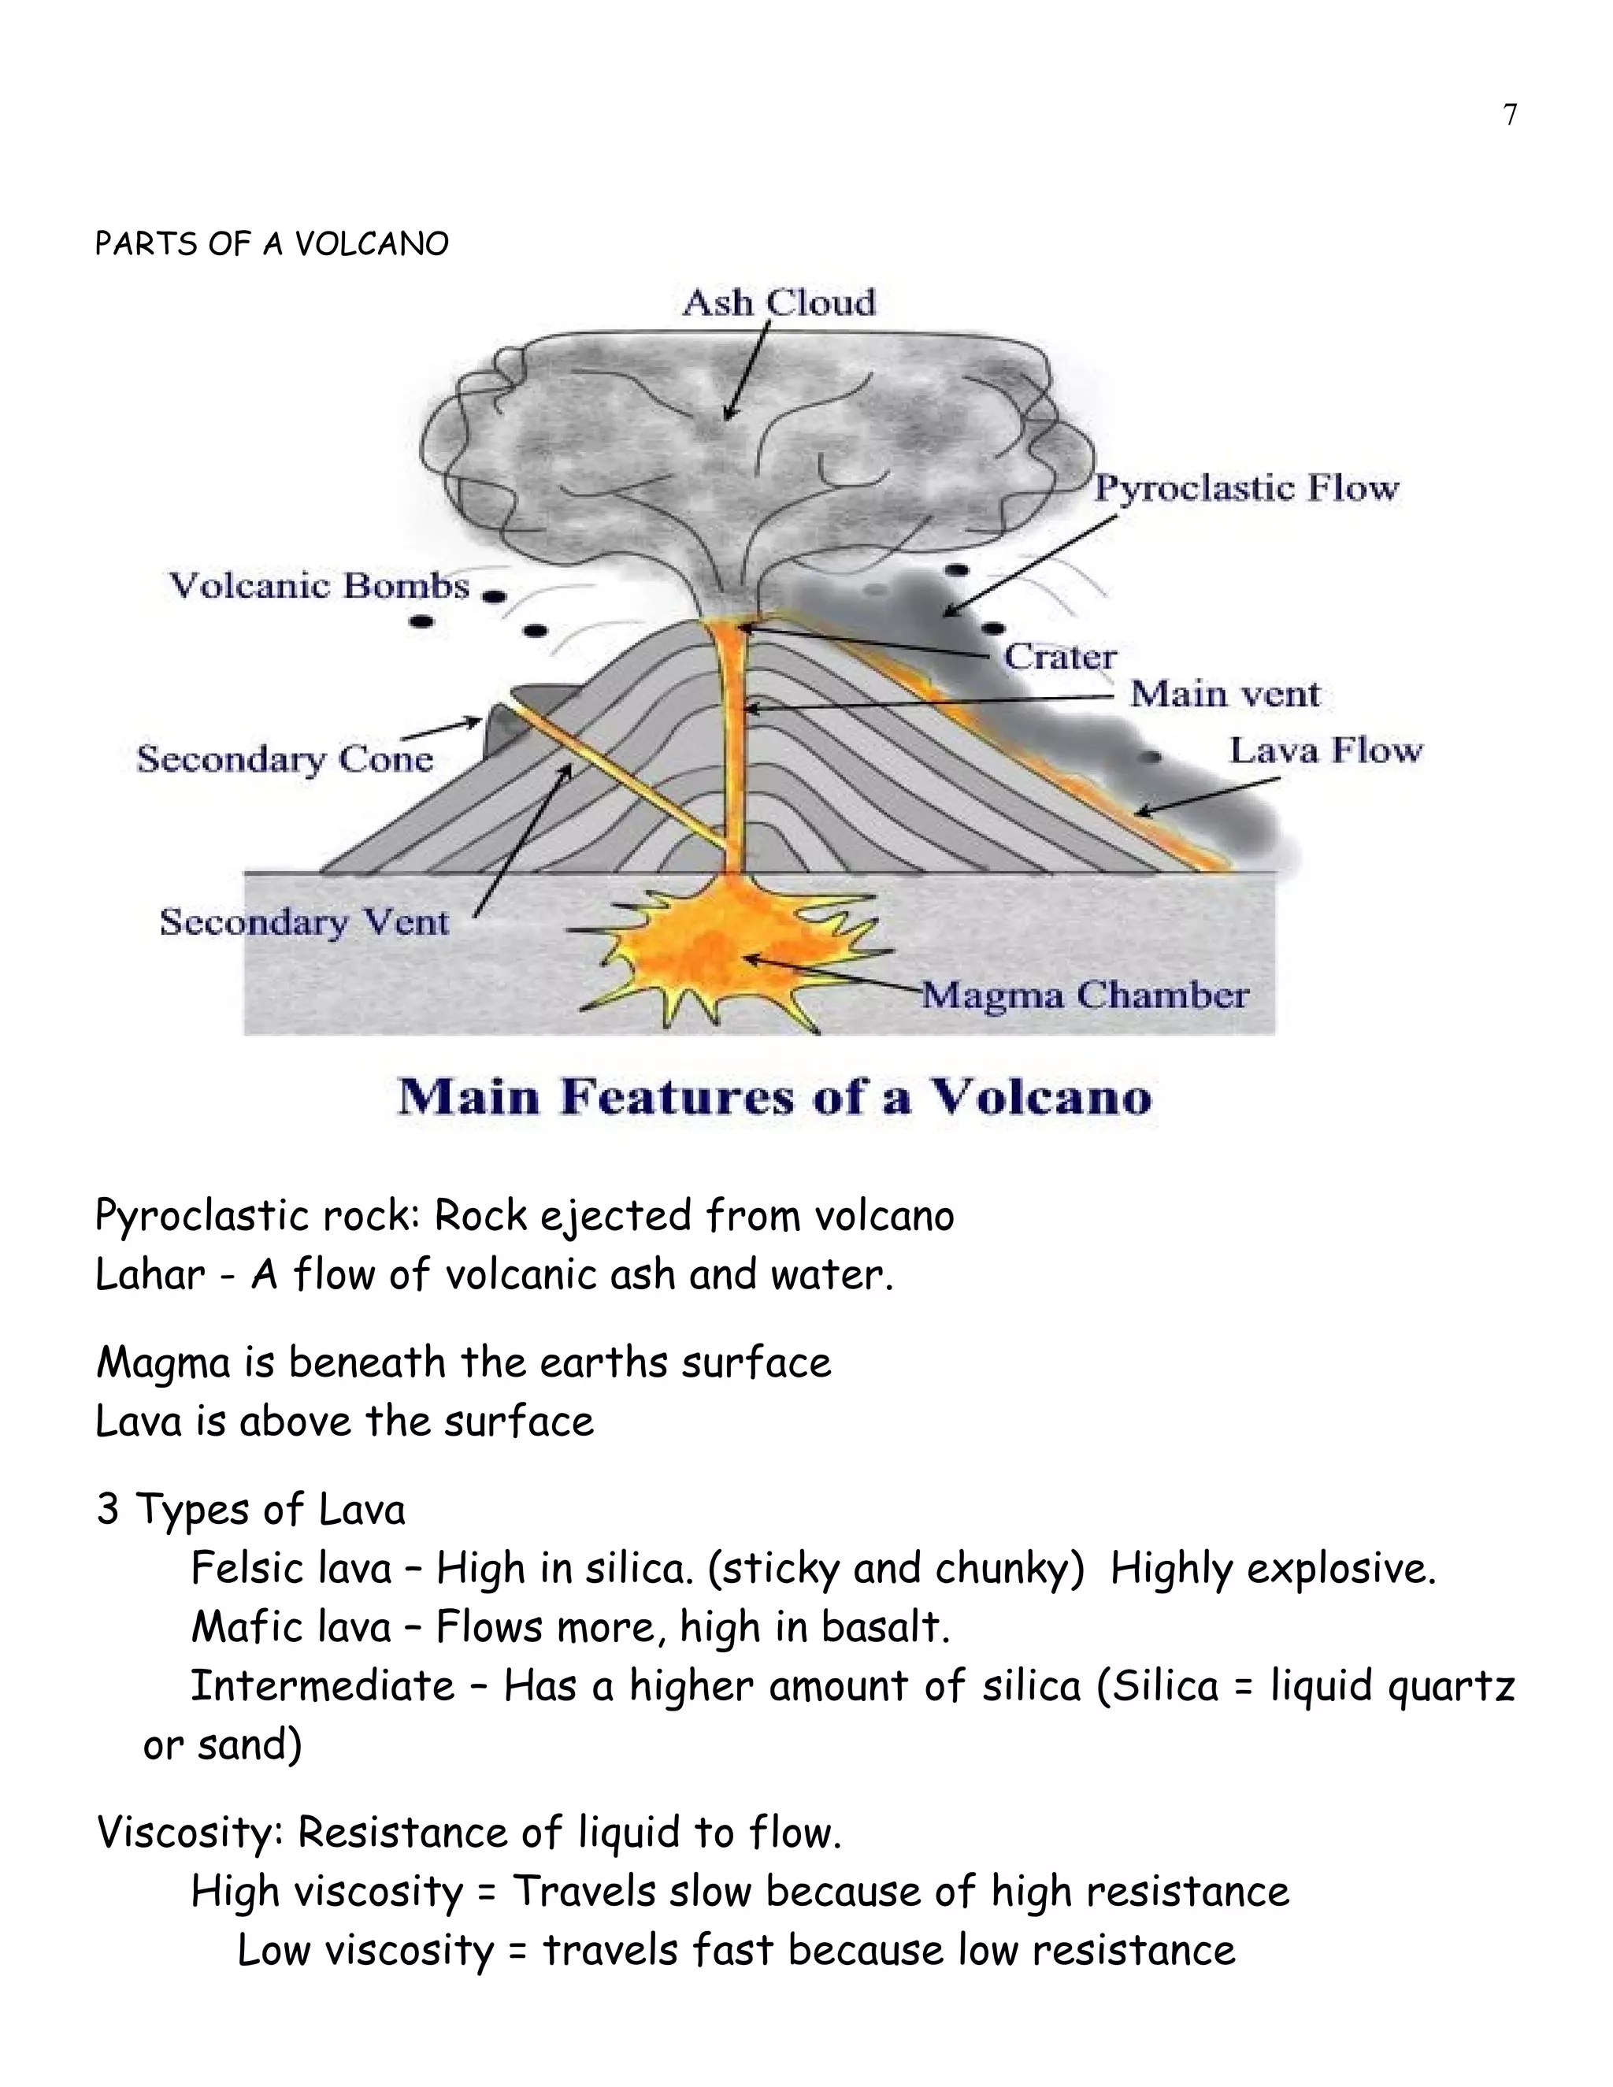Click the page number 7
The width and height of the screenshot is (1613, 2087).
[1510, 115]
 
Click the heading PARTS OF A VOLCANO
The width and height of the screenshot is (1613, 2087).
[272, 245]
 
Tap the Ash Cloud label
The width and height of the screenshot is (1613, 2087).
[779, 303]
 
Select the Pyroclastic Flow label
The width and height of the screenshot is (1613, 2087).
[1245, 488]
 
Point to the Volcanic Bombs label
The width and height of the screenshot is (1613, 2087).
[319, 585]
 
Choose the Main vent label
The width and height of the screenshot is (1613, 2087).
[1224, 694]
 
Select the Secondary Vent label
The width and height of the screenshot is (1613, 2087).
[304, 922]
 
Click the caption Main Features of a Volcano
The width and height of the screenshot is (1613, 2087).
[774, 1096]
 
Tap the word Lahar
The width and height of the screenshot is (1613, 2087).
[150, 1275]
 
